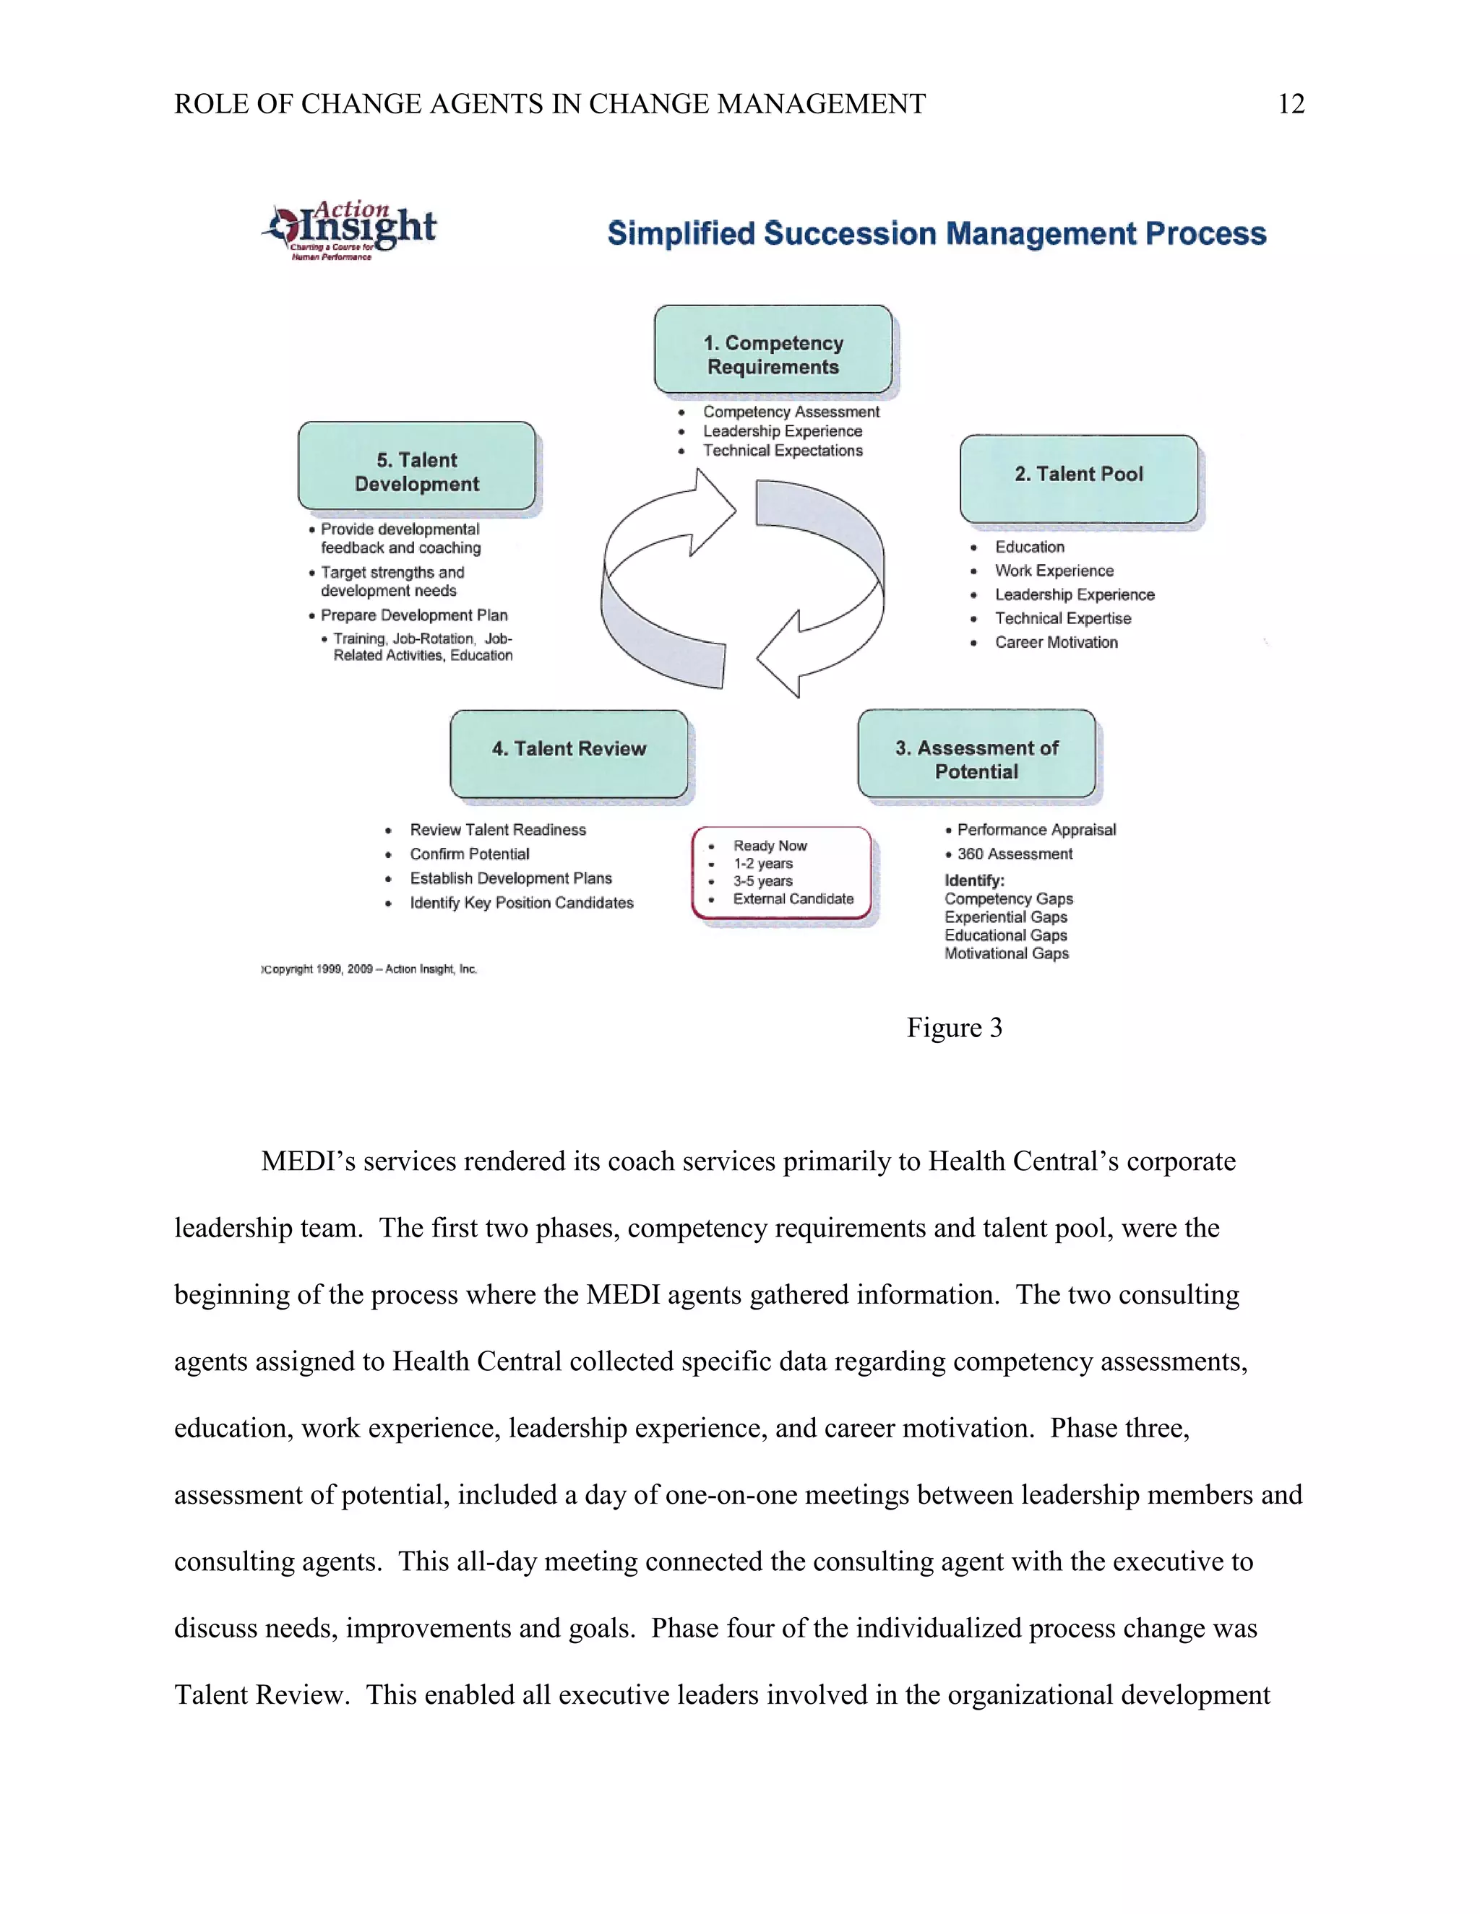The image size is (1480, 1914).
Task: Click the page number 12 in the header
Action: point(1291,104)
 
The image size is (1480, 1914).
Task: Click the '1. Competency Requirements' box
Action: point(773,350)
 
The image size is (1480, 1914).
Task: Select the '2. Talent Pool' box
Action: point(1078,478)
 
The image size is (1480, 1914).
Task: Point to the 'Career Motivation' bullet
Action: point(1056,642)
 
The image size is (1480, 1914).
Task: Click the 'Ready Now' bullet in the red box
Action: point(770,846)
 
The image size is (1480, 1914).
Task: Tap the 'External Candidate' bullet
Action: point(793,899)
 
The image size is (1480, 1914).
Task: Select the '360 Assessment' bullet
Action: point(1015,854)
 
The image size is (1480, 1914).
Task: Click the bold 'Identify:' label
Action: point(974,880)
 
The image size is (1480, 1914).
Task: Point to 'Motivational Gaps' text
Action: point(1007,953)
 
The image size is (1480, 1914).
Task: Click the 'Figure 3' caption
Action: point(954,1028)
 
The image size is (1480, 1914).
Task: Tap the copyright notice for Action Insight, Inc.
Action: point(370,969)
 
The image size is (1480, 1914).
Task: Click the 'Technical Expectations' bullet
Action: point(782,451)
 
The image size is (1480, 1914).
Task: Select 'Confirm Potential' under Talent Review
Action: point(469,854)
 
